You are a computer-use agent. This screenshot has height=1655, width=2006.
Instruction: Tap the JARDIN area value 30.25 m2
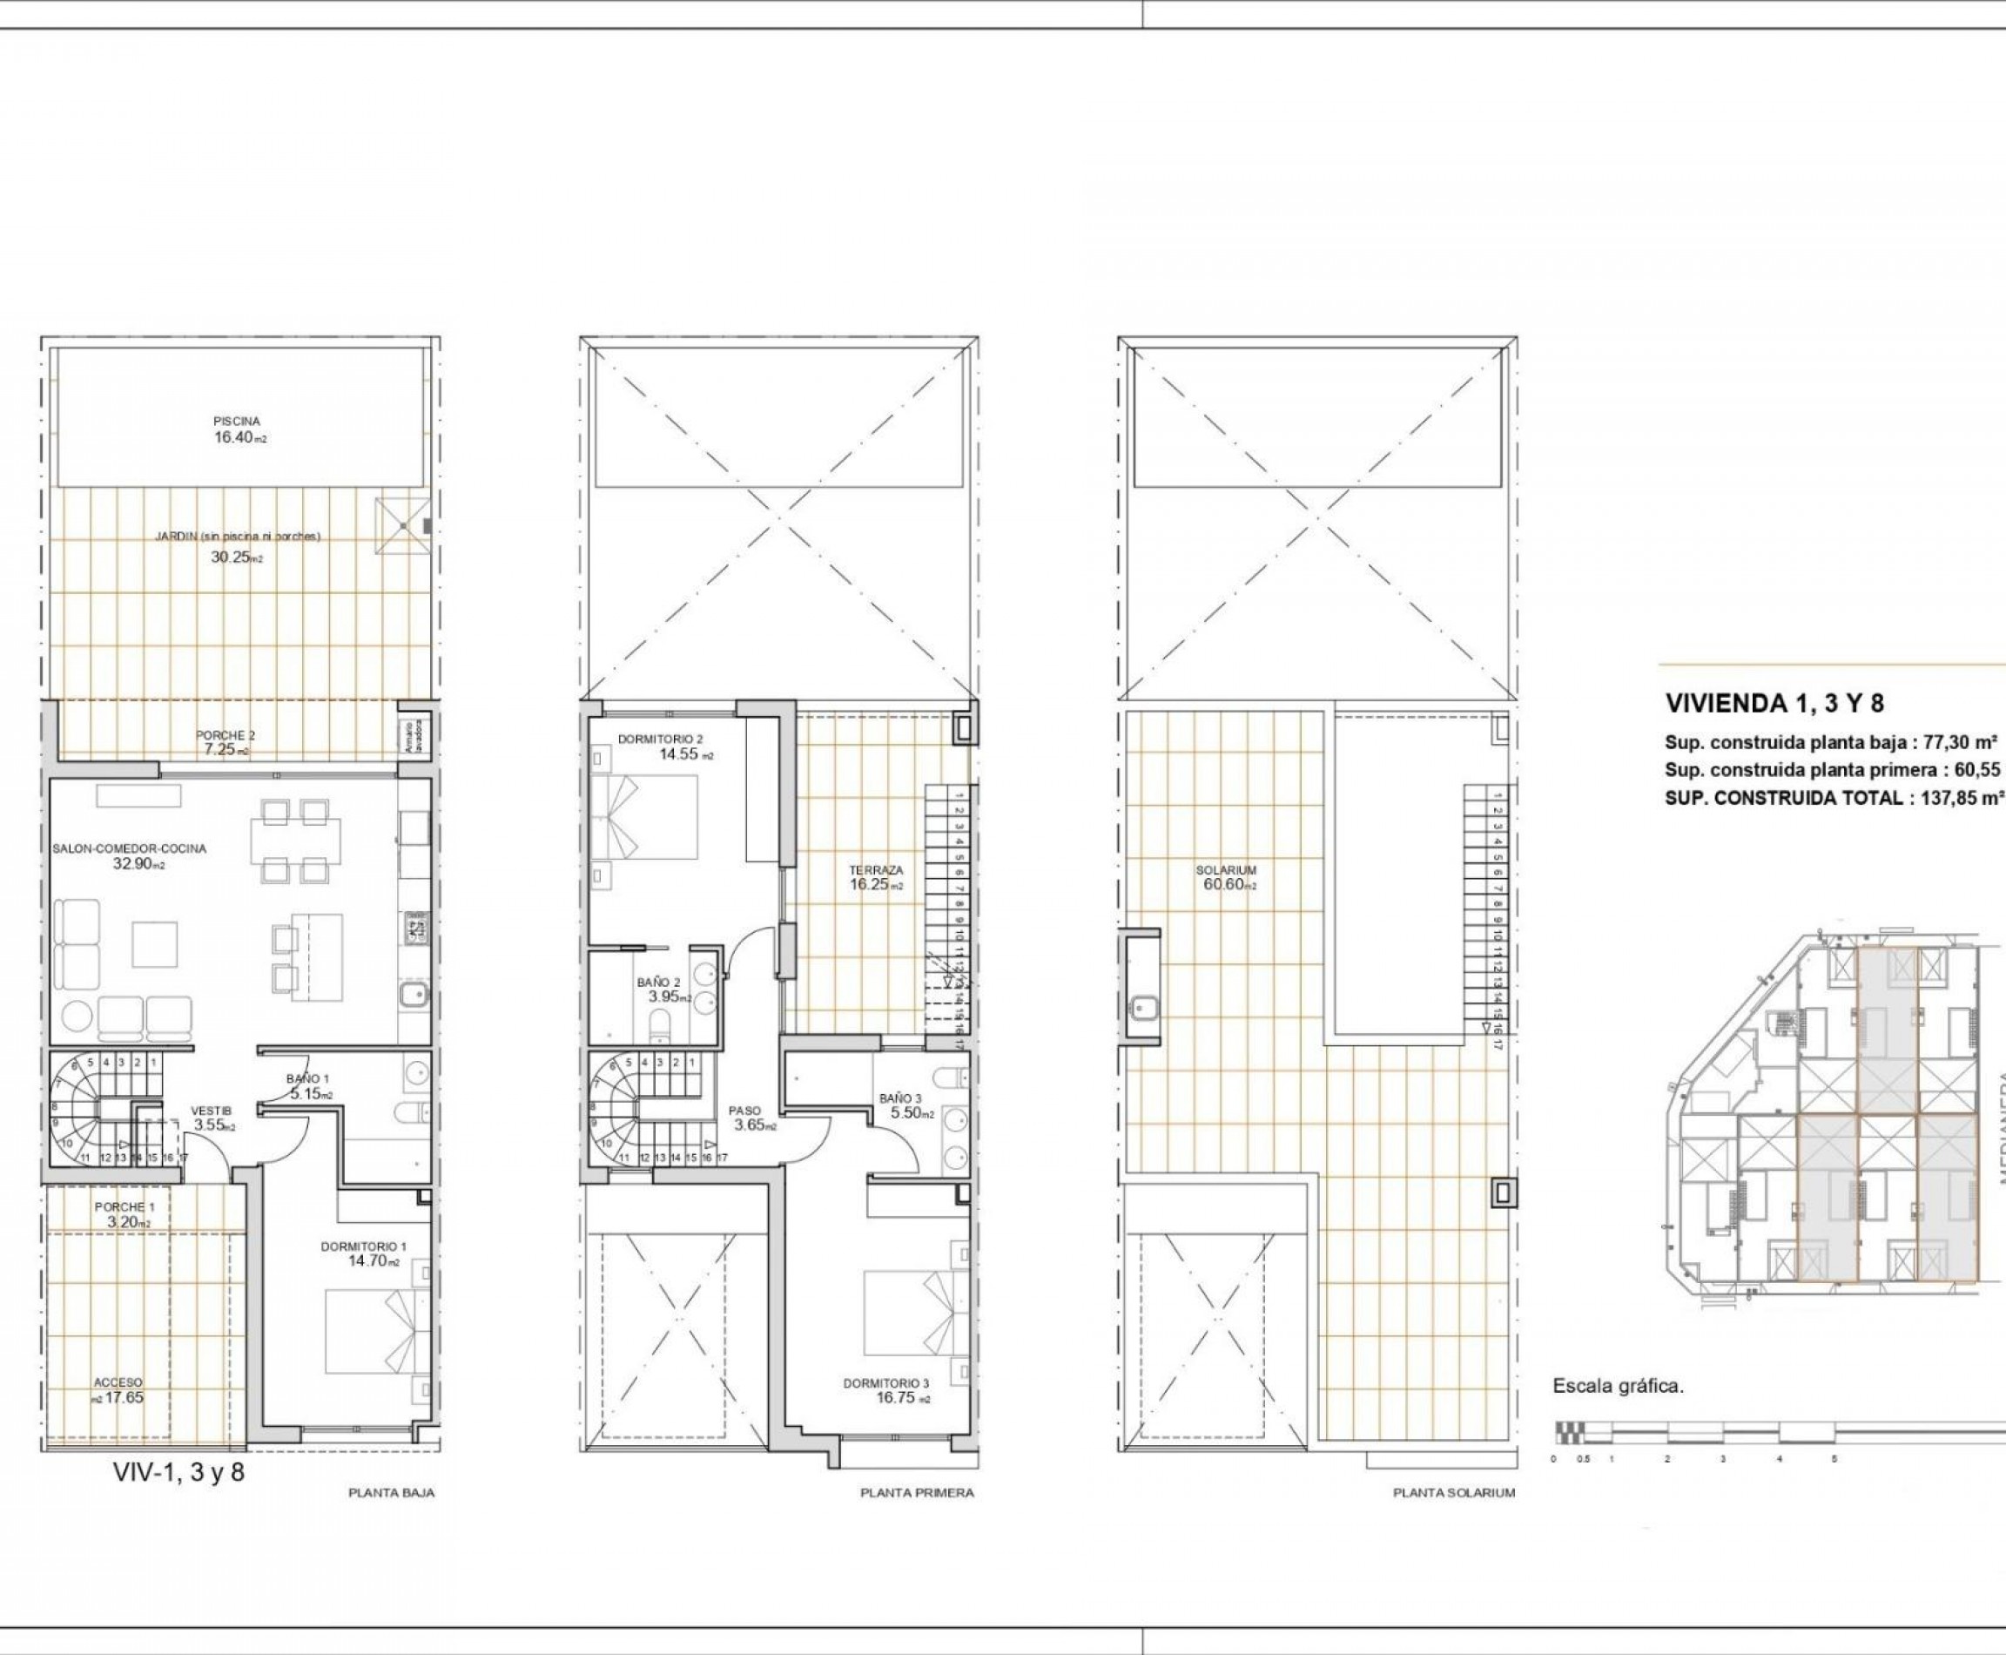236,557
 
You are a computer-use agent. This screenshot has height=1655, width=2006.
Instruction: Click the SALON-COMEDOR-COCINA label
129,848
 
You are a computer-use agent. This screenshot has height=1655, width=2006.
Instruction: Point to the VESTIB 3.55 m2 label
211,1118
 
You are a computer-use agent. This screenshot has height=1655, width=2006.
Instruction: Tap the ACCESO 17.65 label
118,1390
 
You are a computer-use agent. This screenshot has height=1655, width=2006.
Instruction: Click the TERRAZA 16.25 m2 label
876,877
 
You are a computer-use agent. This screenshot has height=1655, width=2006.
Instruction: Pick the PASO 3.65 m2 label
744,1118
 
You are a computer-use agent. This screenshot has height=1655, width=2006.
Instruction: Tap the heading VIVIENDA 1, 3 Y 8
1774,704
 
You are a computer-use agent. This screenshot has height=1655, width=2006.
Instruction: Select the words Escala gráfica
1619,1386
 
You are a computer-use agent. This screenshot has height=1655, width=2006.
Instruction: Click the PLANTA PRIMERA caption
917,1493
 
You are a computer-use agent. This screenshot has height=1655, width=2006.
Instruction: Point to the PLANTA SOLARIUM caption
1453,1493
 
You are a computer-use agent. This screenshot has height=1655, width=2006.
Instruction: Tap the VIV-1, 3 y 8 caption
178,1472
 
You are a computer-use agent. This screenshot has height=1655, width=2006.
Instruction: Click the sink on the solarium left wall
1142,1003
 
